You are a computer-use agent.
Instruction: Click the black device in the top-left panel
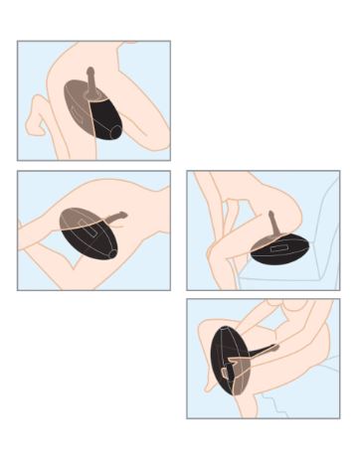105,118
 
